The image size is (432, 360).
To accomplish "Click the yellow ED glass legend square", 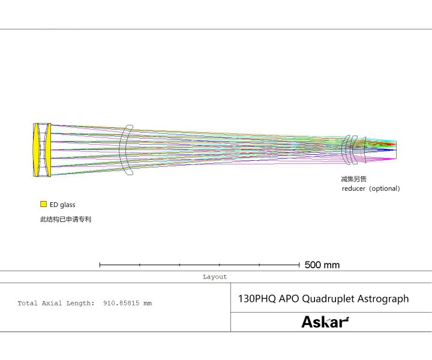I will [x=43, y=204].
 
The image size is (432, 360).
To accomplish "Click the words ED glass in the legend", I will [x=62, y=205].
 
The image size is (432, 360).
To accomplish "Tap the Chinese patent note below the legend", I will [x=65, y=220].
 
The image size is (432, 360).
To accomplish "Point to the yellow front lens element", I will [x=37, y=150].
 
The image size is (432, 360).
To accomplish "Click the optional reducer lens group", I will [x=354, y=149].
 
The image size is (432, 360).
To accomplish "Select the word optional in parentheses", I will [x=384, y=188].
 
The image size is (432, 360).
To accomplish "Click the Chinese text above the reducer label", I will [x=353, y=179].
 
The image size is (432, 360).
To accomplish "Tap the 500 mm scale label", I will [x=322, y=265].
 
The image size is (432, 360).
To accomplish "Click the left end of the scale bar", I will [x=100, y=265].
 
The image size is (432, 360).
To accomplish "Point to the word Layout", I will [x=215, y=277].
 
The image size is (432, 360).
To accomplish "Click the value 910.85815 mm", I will [x=127, y=304].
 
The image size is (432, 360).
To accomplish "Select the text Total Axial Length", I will [x=55, y=304].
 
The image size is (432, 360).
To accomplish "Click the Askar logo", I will [x=325, y=322].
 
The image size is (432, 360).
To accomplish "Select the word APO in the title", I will [x=289, y=298].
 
